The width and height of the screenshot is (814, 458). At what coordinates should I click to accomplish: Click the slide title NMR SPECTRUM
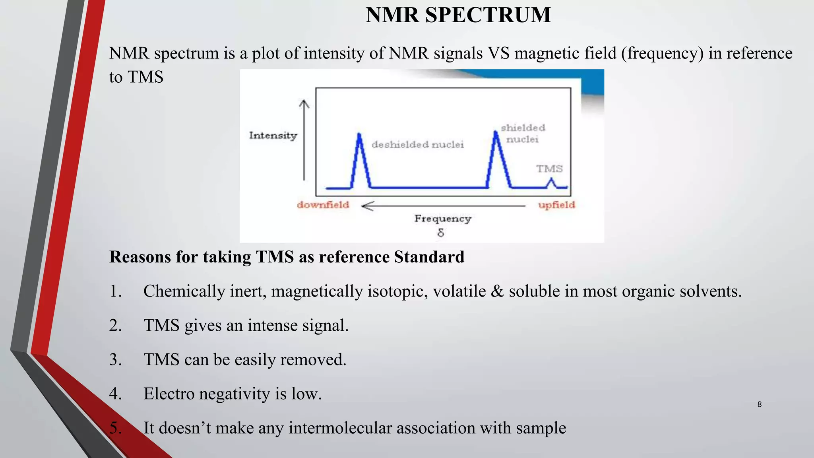point(458,15)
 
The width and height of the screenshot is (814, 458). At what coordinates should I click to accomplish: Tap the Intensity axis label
point(273,136)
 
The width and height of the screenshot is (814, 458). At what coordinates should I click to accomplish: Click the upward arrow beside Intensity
point(304,139)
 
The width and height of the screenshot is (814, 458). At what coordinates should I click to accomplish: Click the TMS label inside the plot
point(549,169)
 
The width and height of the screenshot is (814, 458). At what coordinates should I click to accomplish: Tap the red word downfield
point(323,205)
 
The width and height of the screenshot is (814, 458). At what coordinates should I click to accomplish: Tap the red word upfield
point(556,205)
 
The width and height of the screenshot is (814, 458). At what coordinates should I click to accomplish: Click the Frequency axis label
point(442,219)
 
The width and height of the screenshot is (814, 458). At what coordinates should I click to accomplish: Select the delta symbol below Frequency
point(440,233)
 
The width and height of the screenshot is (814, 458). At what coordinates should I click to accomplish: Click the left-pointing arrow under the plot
point(443,206)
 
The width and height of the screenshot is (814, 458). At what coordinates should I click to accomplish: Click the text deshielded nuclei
point(417,145)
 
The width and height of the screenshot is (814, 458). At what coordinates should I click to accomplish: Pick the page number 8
point(759,404)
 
